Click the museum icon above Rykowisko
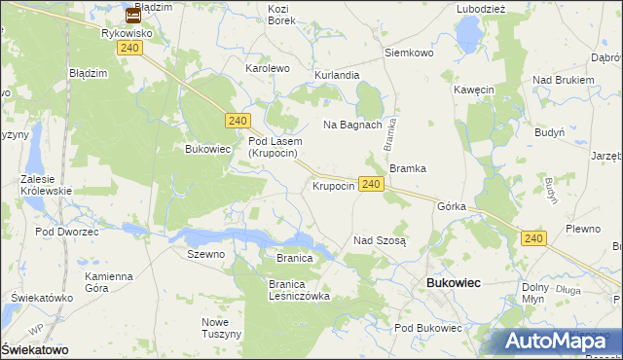point(133,15)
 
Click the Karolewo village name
point(268,69)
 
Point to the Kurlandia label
point(337,75)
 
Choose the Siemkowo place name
point(409,53)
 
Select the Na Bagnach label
point(352,125)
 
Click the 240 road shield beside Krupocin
point(370,183)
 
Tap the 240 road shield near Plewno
point(532,237)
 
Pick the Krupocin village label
point(332,186)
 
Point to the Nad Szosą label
point(380,239)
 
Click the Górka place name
point(453,207)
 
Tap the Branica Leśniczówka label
point(300,290)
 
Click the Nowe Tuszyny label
point(221,328)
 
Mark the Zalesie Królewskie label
point(47,185)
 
